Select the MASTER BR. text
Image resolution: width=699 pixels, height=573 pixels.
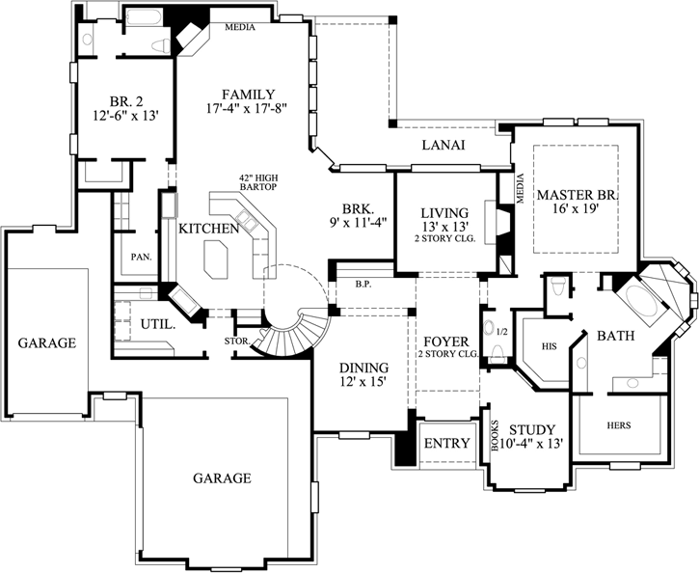(578, 195)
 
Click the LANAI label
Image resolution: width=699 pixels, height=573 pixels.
(444, 146)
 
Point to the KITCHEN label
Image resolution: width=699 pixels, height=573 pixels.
(208, 229)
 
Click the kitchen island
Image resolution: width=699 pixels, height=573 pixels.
(216, 259)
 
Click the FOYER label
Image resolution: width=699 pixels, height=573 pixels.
(445, 342)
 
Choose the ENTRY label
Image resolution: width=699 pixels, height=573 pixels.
(446, 444)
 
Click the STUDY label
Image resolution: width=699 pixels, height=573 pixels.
(531, 429)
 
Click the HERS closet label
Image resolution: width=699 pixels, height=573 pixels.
(619, 424)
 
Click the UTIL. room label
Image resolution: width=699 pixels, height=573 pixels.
(158, 324)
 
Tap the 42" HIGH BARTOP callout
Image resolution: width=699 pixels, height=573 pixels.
(258, 182)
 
